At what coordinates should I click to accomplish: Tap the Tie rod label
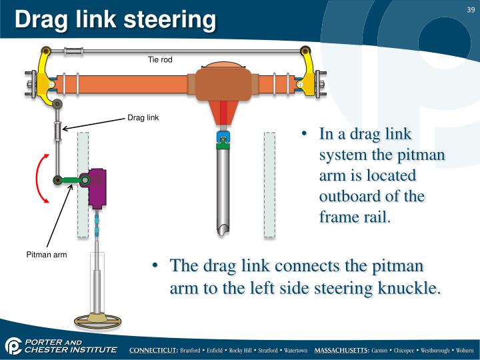click(160, 60)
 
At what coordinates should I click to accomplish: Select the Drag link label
click(143, 119)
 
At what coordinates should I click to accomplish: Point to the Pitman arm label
click(47, 255)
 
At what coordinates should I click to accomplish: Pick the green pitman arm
click(70, 179)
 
